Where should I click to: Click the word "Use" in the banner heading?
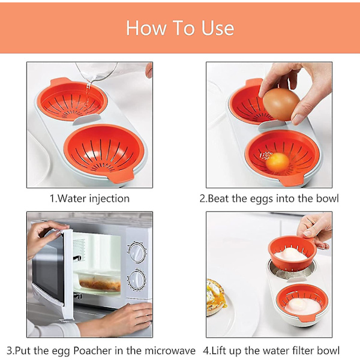[218, 28]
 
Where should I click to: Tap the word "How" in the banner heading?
[146, 28]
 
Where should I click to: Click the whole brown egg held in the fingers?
[281, 104]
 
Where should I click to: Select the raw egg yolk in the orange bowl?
[277, 163]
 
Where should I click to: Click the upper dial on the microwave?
[137, 253]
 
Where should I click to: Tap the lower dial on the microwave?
[137, 280]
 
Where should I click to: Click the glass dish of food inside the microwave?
[99, 282]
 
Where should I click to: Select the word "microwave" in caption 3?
[170, 350]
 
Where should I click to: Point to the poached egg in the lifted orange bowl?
[291, 254]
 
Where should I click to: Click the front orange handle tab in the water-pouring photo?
[121, 175]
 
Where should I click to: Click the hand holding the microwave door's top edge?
[46, 236]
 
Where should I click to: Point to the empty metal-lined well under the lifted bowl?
[292, 272]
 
